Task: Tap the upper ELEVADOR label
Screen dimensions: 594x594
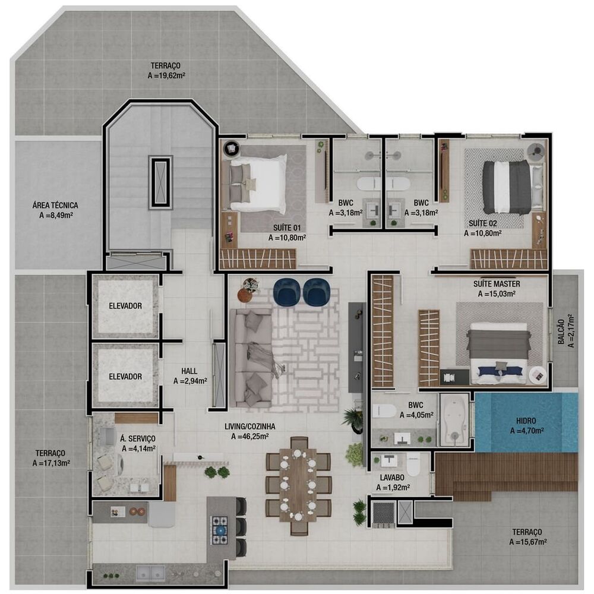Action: point(125,306)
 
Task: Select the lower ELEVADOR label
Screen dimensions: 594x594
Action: point(125,376)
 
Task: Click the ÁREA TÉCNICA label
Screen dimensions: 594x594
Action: point(55,206)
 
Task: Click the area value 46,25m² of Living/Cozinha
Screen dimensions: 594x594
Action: point(249,437)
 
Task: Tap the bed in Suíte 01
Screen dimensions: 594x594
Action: point(258,183)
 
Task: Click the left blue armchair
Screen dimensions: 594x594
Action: point(287,290)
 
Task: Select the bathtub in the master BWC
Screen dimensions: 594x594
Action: point(454,420)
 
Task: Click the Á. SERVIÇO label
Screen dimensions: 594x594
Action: point(138,439)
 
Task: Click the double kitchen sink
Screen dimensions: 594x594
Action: point(151,572)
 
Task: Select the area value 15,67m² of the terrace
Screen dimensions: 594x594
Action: point(527,542)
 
